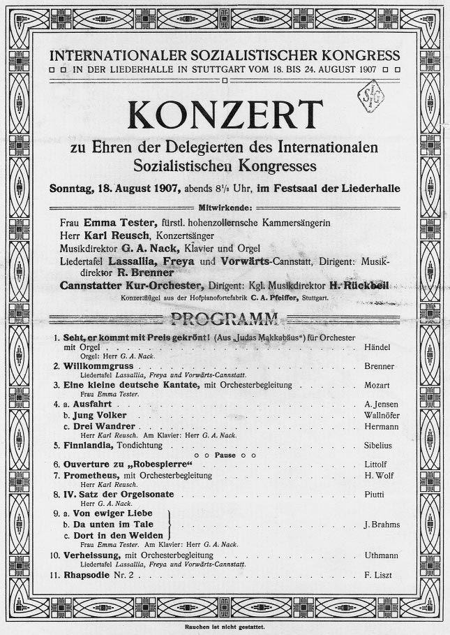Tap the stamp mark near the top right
pyautogui.click(x=372, y=98)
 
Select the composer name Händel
pyautogui.click(x=378, y=347)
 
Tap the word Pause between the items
pyautogui.click(x=225, y=454)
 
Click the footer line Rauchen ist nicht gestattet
pyautogui.click(x=225, y=627)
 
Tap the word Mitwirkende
pyautogui.click(x=225, y=207)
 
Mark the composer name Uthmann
pyautogui.click(x=381, y=555)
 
